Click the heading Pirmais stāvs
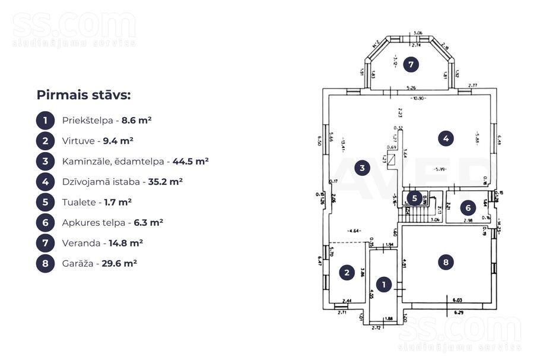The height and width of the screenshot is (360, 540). tap(83, 95)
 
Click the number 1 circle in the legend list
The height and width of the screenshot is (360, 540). tap(45, 121)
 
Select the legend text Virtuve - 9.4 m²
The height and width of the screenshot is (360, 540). tap(97, 141)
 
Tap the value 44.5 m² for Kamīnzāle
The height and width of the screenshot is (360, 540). tap(190, 162)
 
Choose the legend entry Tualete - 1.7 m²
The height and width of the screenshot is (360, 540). tap(96, 203)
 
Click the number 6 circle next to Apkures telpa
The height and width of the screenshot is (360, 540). tap(45, 223)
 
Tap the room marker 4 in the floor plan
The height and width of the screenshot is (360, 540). tap(446, 139)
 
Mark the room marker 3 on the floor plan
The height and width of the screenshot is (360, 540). tap(362, 168)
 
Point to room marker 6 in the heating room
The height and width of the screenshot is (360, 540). tap(468, 208)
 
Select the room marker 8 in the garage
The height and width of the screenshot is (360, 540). tap(446, 261)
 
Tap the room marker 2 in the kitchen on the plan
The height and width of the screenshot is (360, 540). tap(346, 273)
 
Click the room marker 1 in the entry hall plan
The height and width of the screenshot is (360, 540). tap(384, 285)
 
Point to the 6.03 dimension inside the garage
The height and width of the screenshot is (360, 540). tap(458, 301)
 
